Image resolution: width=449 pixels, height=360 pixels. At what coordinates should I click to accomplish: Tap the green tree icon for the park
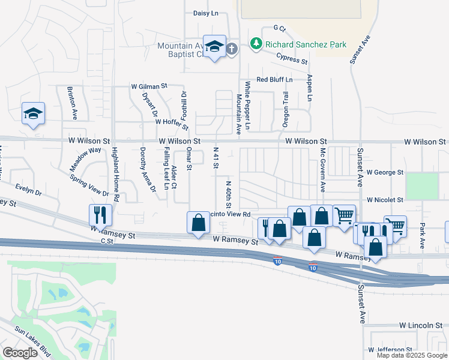pyautogui.click(x=256, y=44)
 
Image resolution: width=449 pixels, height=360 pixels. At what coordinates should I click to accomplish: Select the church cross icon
pyautogui.click(x=235, y=46)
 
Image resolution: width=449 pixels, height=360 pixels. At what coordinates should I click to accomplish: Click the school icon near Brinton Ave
pyautogui.click(x=33, y=113)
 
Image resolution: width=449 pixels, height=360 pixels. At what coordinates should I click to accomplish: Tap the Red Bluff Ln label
pyautogui.click(x=274, y=79)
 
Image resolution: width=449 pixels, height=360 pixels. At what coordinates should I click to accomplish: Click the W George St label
pyautogui.click(x=385, y=172)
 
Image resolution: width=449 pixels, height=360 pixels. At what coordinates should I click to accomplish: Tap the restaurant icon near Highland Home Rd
pyautogui.click(x=100, y=214)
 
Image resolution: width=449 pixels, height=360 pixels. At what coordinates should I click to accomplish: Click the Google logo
pyautogui.click(x=20, y=353)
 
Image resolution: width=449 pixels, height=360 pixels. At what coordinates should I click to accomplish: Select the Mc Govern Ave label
pyautogui.click(x=322, y=169)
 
